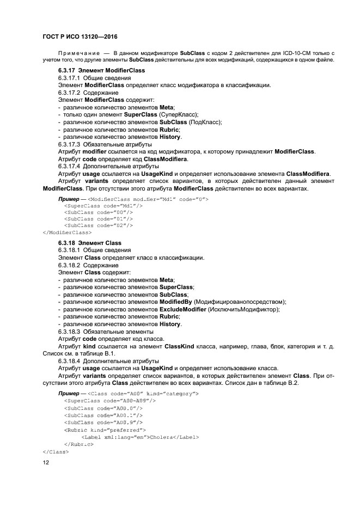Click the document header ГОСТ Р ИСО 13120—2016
(x=80, y=35)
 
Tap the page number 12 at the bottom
(x=46, y=462)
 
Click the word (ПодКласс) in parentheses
(x=203, y=122)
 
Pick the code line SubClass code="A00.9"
(x=103, y=422)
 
